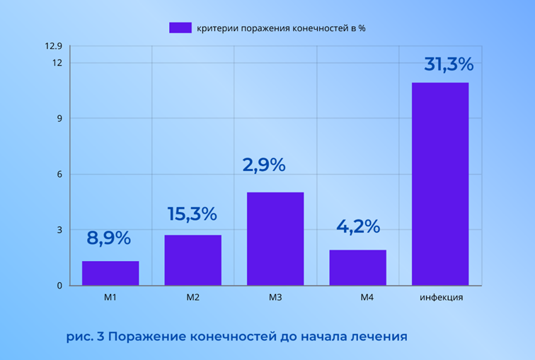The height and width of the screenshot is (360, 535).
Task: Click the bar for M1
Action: click(110, 273)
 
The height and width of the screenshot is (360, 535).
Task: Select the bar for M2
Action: click(192, 260)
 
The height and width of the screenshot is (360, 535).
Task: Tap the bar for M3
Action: click(275, 238)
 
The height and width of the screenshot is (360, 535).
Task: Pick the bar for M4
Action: click(357, 267)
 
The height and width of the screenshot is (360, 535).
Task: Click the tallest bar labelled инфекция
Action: click(440, 184)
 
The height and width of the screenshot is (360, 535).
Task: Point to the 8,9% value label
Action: click(109, 238)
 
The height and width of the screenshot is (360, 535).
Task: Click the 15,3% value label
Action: click(192, 214)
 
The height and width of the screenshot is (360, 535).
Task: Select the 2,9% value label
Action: click(264, 165)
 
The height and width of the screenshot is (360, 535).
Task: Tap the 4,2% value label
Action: click(357, 227)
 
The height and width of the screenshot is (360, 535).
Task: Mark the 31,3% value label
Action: click(449, 64)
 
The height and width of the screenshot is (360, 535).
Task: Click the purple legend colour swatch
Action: click(180, 28)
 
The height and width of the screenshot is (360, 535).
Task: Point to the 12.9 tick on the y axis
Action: click(54, 47)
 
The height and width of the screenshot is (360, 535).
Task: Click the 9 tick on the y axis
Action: click(60, 118)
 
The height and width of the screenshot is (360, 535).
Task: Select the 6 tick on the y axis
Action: click(60, 174)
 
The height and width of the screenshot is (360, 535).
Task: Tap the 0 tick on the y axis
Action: click(60, 286)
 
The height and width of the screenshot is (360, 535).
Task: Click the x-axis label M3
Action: click(275, 298)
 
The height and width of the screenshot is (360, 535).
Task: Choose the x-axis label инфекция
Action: click(441, 298)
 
